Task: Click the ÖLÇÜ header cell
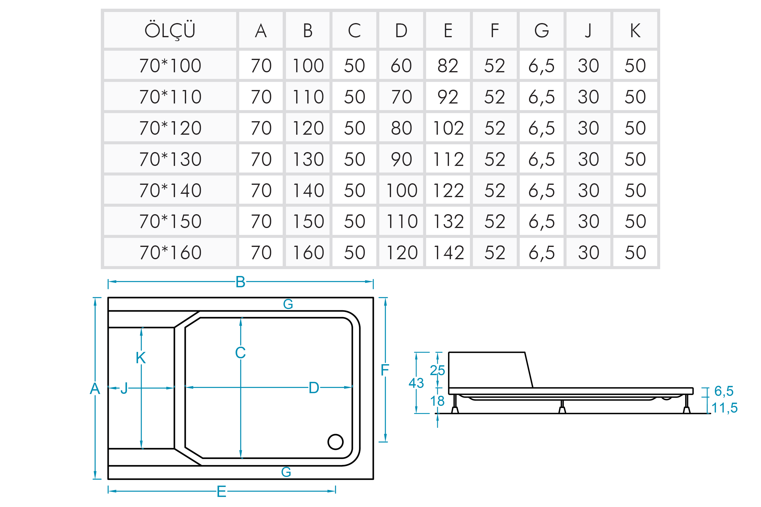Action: [x=170, y=30]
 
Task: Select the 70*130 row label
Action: [x=170, y=159]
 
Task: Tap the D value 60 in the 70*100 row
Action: [x=401, y=66]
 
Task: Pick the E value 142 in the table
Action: [x=448, y=253]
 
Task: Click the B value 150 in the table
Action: [x=308, y=221]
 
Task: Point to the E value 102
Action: [x=448, y=128]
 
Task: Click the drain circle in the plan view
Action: [x=335, y=442]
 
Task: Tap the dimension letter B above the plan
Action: [x=240, y=282]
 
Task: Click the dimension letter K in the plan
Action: [x=141, y=358]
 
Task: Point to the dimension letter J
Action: [x=124, y=388]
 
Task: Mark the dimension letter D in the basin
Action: [x=314, y=388]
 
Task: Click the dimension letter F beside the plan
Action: [x=384, y=370]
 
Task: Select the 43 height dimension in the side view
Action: [x=416, y=383]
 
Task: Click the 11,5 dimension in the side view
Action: [x=724, y=408]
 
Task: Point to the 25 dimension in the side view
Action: [x=437, y=370]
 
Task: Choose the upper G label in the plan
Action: [x=288, y=304]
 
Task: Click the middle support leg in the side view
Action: [x=562, y=407]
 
